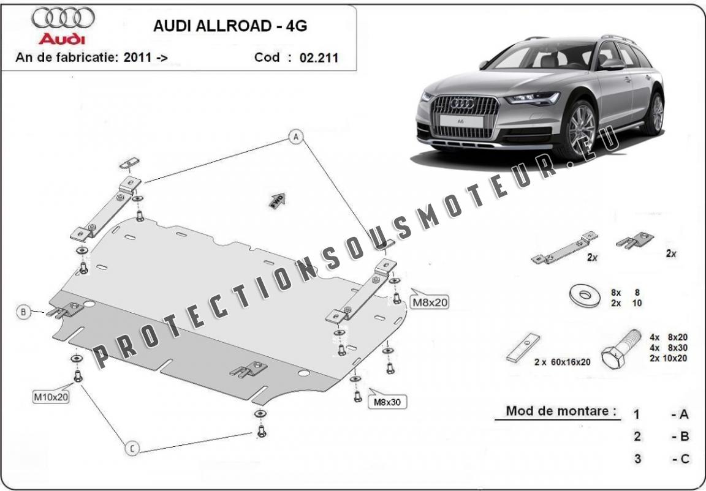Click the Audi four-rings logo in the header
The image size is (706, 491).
pos(63,18)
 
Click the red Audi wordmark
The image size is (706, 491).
pos(62,39)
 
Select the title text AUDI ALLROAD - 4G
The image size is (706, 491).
pos(230,26)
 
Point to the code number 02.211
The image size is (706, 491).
pos(319,58)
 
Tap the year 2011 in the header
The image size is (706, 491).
pos(137,58)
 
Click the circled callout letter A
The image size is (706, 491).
pos(296,137)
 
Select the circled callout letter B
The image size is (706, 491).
pos(23,312)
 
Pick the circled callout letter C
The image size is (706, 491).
pos(132,448)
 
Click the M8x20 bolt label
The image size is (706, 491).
pos(430,302)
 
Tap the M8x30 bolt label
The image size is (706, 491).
pos(387,402)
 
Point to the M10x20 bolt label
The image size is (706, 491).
pos(51,397)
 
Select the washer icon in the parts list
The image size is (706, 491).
pos(585,296)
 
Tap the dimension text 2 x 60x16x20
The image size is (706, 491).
pos(563,362)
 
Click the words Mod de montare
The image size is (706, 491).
pos(561,411)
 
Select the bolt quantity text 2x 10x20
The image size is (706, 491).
pos(668,358)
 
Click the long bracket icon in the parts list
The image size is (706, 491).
pos(564,248)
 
